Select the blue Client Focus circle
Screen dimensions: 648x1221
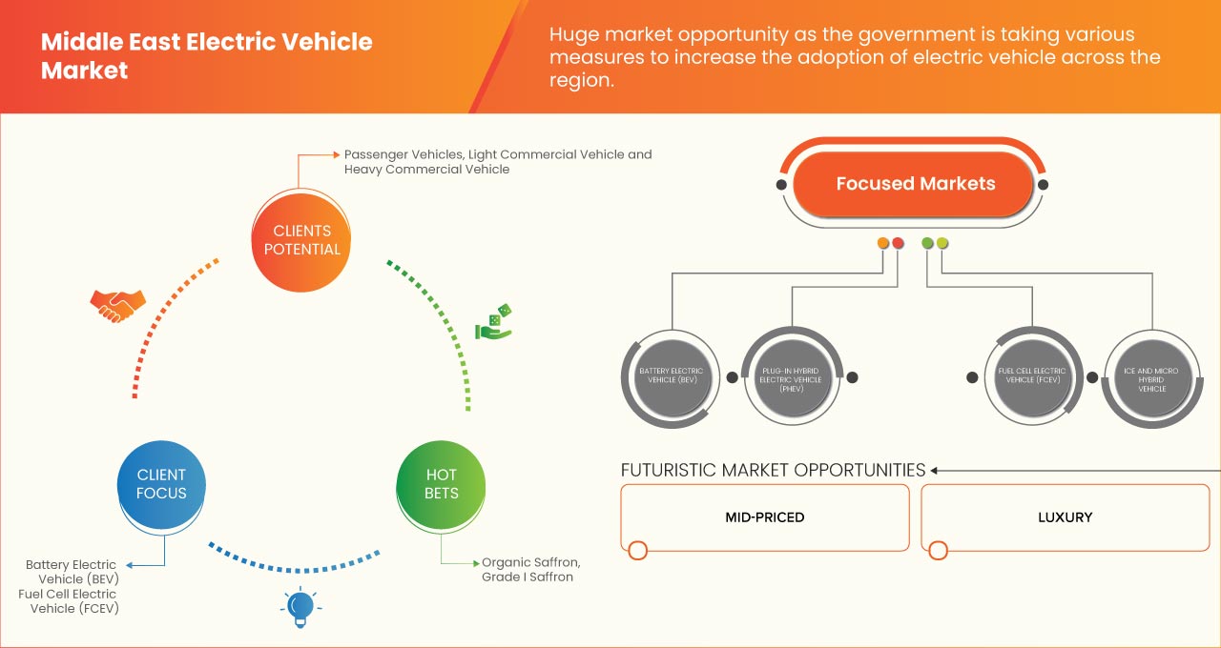[162, 484]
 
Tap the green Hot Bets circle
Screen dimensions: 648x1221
[442, 484]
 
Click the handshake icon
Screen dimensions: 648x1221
[117, 304]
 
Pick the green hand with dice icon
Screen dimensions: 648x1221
[493, 323]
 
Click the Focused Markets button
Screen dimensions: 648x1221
[915, 184]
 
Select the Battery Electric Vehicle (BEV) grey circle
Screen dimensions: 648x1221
[672, 376]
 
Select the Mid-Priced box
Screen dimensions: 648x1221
[765, 517]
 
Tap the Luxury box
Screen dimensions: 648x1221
[1065, 517]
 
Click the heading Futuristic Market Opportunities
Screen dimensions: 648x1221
[773, 470]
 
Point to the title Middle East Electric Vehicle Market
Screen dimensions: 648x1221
[206, 56]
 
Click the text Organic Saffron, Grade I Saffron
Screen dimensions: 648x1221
[530, 569]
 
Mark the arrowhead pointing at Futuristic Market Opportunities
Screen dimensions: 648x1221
[936, 470]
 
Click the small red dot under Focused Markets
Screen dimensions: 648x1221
[898, 243]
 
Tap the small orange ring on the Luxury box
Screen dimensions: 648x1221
[938, 550]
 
